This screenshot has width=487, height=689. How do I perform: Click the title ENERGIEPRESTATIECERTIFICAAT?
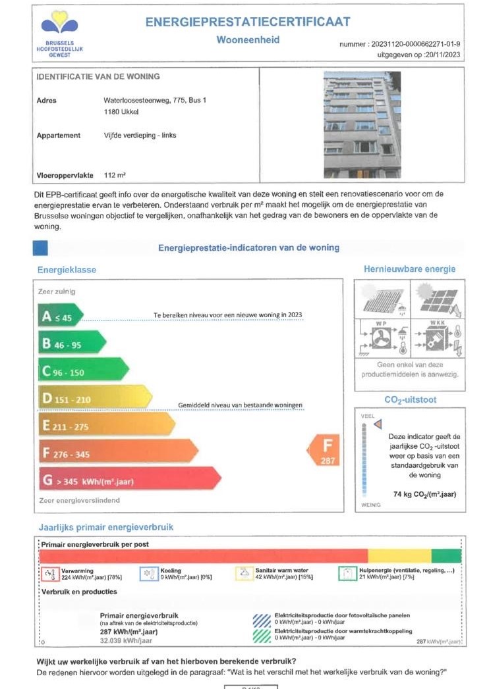coord(248,22)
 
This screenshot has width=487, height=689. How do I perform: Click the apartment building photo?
coord(362,125)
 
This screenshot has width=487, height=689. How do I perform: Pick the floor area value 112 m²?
coord(115,176)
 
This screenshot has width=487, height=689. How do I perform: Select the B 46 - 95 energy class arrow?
coord(71,343)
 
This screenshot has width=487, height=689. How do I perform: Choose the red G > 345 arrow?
coord(125,480)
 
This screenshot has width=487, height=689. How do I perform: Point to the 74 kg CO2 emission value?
coord(416,494)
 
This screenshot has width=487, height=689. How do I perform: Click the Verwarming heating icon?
coord(49,574)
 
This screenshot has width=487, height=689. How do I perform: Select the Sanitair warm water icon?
coord(244,574)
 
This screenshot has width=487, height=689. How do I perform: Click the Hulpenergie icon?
coord(347,574)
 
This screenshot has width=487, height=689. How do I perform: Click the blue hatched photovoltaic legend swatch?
coord(262,619)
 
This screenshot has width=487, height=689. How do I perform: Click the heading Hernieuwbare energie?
coord(409,269)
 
